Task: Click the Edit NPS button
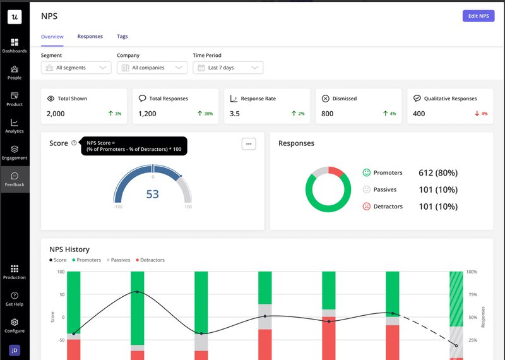(x=478, y=16)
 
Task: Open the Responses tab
(x=90, y=37)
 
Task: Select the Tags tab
(x=122, y=37)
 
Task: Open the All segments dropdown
(x=76, y=68)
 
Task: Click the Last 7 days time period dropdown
(x=227, y=68)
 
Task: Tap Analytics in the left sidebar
(x=15, y=126)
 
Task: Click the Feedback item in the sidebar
(x=15, y=179)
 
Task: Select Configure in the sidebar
(x=15, y=325)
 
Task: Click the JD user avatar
(x=15, y=350)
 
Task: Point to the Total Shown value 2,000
(x=56, y=114)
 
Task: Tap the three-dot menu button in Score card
(x=249, y=144)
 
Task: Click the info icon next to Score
(x=74, y=143)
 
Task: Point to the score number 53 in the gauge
(x=153, y=194)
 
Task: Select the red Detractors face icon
(x=366, y=207)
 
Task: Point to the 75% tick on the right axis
(x=472, y=294)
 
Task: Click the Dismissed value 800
(x=327, y=114)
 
